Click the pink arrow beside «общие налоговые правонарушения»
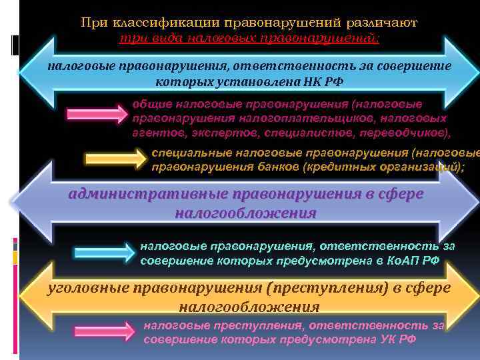tap(94, 113)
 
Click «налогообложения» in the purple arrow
tap(245, 213)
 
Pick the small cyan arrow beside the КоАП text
tap(104, 253)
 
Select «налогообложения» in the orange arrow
tap(249, 307)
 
